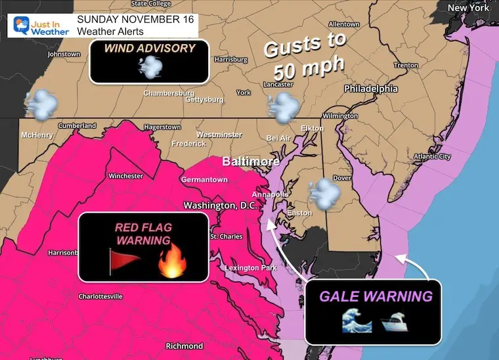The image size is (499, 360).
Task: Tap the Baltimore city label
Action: click(x=250, y=161)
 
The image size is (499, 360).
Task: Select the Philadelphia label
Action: click(x=370, y=88)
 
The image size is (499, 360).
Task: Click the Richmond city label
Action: click(x=184, y=346)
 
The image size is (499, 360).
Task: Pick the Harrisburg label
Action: click(x=230, y=60)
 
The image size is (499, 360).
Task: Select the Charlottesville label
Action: click(x=100, y=296)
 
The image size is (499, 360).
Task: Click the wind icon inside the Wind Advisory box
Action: click(x=150, y=66)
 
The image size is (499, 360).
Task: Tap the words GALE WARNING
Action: click(x=376, y=296)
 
